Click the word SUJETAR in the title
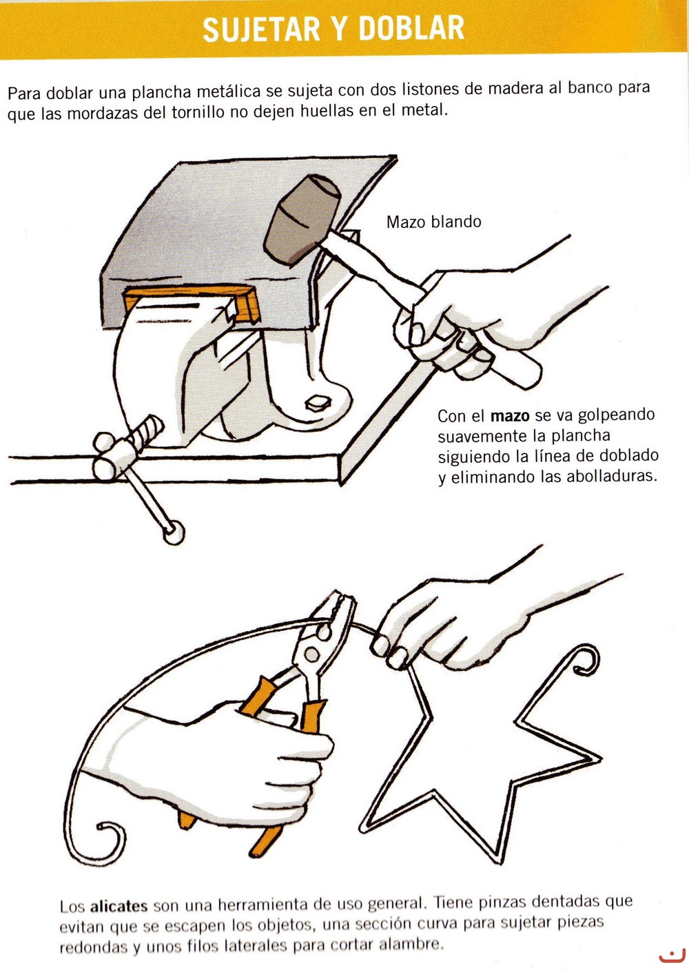tap(261, 29)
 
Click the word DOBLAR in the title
tap(411, 28)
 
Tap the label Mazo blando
tap(434, 223)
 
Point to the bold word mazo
tap(510, 415)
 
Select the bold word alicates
tap(119, 906)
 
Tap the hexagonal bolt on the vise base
tap(318, 403)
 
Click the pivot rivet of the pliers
tap(311, 654)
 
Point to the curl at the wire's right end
tap(586, 660)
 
